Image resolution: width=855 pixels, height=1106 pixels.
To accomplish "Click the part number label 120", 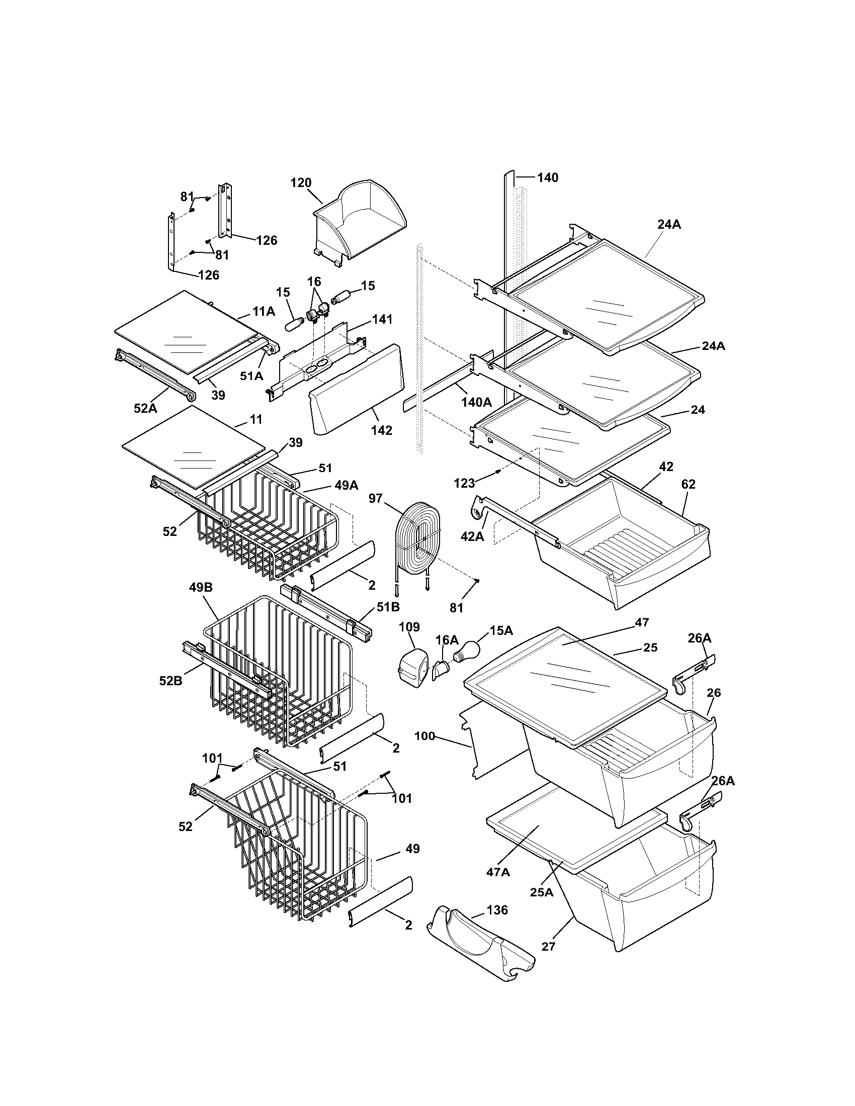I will click(x=301, y=183).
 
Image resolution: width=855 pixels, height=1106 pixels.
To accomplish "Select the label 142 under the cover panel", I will click(x=381, y=430).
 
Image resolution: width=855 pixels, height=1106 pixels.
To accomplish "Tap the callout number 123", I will click(x=465, y=483).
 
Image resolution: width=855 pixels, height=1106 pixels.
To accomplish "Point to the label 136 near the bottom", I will click(x=497, y=910).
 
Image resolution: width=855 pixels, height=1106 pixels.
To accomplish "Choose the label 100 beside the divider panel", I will click(x=424, y=735).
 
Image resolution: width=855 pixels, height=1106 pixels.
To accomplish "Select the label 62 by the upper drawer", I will click(x=688, y=484).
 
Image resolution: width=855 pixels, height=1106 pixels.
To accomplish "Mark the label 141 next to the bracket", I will click(x=382, y=320).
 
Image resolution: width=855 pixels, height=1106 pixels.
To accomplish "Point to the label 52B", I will click(x=170, y=681).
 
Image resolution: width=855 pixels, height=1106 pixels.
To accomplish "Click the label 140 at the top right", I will click(x=547, y=177).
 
